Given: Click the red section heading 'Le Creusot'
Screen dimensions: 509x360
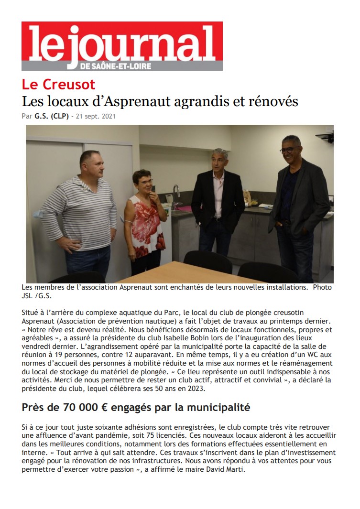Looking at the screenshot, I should point(58,85).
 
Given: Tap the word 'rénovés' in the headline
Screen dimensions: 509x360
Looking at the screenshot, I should point(273,101).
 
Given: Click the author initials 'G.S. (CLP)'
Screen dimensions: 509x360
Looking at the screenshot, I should point(52,116).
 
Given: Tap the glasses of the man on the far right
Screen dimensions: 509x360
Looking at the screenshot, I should point(288,150).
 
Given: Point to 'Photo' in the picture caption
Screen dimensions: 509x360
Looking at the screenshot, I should point(321,288).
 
